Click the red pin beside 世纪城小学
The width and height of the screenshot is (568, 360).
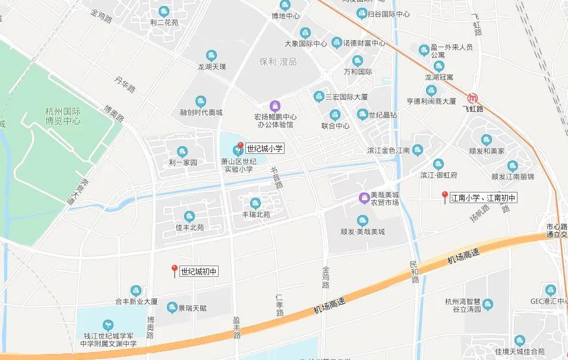[240, 146]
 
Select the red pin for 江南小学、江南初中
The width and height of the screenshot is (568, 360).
[444, 195]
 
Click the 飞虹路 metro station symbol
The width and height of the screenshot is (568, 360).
[474, 98]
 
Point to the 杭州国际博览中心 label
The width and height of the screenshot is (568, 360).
[62, 115]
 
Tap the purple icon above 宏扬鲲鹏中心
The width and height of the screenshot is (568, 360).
[274, 105]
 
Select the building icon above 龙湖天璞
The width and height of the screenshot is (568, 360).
[212, 56]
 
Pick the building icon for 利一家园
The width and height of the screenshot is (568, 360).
[182, 151]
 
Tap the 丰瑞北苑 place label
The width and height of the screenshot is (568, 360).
[255, 214]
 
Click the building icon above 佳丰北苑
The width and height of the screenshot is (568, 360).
[189, 216]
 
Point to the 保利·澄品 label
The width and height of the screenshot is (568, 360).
[278, 62]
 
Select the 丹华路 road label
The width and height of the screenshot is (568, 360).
[125, 84]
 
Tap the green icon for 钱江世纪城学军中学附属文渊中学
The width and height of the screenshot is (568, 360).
[108, 324]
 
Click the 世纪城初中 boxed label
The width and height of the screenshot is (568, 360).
[200, 271]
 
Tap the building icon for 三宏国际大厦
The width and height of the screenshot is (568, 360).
[318, 96]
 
